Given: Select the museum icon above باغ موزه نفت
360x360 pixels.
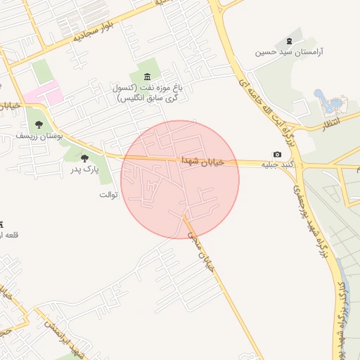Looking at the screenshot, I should click(x=146, y=77).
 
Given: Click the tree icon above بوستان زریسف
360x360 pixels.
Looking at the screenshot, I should click(x=38, y=124).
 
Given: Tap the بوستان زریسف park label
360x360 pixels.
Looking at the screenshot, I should click(x=40, y=134).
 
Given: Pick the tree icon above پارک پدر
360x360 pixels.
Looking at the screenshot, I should click(x=85, y=159).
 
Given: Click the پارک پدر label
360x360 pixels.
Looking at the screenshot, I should click(x=85, y=169).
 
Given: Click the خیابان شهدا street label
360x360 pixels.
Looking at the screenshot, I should click(x=202, y=161).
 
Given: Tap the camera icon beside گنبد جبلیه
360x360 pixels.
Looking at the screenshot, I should click(x=277, y=155).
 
